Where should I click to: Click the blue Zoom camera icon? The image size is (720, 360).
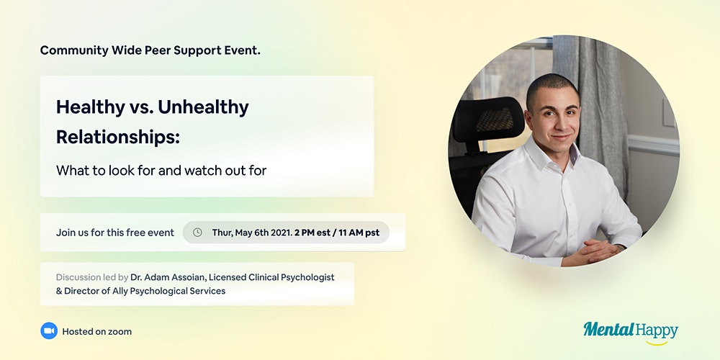tap(49, 330)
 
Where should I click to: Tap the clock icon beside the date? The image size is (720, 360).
tap(197, 233)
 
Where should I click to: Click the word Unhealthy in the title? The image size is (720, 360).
tap(203, 107)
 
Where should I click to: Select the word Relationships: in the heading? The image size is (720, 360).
tap(118, 137)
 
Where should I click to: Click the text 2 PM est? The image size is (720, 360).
tap(312, 233)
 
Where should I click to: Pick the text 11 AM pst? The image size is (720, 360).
tap(359, 233)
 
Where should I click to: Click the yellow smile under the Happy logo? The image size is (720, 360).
tap(657, 343)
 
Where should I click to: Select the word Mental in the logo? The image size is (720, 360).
tap(609, 329)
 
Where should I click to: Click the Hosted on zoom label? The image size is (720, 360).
tap(97, 331)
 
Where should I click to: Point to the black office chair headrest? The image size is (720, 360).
tap(488, 120)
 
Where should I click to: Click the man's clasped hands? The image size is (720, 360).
tap(590, 253)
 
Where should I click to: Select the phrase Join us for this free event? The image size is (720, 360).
tap(115, 233)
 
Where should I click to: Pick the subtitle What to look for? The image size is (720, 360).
tap(106, 171)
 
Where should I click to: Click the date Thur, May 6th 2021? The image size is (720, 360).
tap(251, 233)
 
